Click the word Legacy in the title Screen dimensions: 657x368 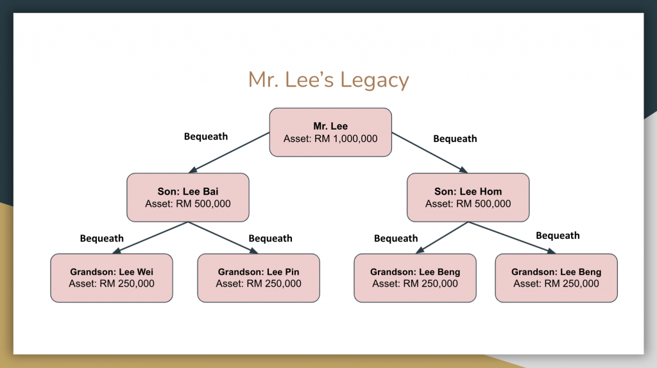pos(374,80)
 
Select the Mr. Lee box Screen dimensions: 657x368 pos(330,132)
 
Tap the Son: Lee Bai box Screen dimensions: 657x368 pos(188,197)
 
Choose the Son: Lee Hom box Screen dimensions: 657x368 pos(468,197)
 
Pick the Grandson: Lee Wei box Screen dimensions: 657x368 pos(112,278)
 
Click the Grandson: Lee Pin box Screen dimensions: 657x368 pos(259,278)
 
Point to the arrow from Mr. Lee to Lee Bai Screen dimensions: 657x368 pos(229,153)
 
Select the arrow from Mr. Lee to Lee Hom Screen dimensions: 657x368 pos(430,153)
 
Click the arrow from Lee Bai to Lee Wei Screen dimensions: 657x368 pos(150,238)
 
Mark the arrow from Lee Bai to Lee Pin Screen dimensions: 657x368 pos(223,238)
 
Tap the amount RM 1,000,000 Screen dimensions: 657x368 pos(346,139)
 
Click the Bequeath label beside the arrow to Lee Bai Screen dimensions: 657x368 pos(206,136)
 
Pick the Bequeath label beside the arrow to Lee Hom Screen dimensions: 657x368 pos(455,139)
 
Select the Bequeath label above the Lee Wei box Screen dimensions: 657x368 pos(102,238)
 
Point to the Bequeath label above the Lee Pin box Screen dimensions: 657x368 pos(270,238)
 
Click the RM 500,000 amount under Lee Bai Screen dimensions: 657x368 pos(203,204)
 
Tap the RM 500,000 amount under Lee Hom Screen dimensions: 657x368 pos(483,204)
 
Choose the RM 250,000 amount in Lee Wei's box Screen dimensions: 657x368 pos(126,284)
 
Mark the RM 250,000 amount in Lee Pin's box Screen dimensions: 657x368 pos(273,284)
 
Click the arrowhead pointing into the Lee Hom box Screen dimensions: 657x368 pos(463,170)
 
